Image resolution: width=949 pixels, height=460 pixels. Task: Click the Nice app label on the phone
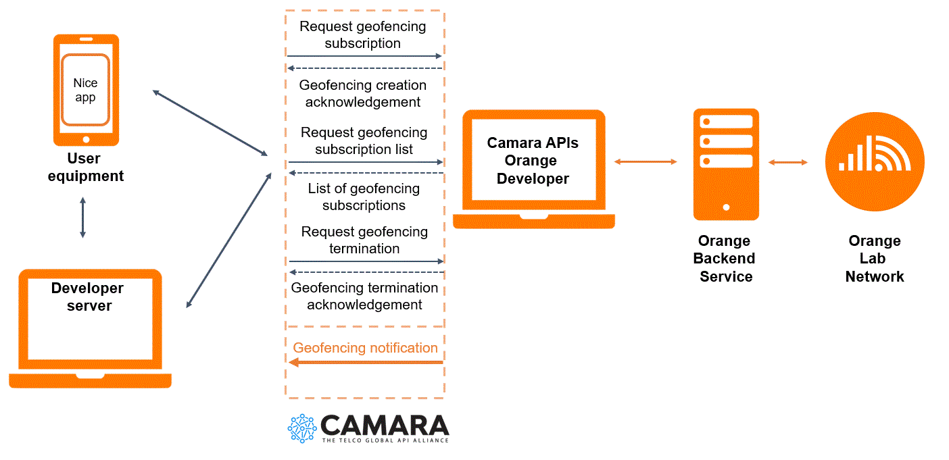[85, 90]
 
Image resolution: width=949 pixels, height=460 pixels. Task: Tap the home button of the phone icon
[86, 139]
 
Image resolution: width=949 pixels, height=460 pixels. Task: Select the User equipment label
[86, 168]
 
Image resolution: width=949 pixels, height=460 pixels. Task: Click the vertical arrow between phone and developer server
[82, 218]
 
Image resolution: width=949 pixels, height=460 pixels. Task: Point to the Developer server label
[87, 297]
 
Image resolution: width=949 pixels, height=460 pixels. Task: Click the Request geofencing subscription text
[363, 35]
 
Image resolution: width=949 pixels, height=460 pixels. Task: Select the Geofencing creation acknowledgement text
[363, 94]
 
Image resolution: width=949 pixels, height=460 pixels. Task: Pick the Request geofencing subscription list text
[364, 140]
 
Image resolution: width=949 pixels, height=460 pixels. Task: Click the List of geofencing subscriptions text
[364, 197]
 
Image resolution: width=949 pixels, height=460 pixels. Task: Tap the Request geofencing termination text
[364, 240]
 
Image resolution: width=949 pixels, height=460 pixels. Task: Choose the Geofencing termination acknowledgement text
[364, 296]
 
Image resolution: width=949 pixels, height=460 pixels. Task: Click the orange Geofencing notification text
[365, 348]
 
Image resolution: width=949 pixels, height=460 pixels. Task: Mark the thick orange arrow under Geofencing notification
[366, 363]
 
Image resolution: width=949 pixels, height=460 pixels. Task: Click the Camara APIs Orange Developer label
[533, 161]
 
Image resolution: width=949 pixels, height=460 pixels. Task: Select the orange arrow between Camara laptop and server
[646, 161]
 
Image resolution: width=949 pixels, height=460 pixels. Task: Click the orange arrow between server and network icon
[788, 162]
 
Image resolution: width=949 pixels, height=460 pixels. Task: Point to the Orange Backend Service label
[725, 259]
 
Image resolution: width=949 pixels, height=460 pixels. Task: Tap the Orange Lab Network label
[875, 259]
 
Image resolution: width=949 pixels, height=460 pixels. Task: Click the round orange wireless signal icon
[875, 162]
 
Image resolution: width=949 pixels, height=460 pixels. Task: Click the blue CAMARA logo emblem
[301, 428]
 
